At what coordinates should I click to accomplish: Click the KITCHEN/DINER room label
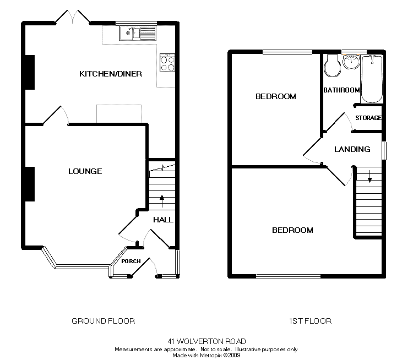[111, 74]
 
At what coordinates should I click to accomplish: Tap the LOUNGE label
[85, 171]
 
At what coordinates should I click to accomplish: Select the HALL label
[164, 220]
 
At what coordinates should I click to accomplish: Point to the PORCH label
[131, 261]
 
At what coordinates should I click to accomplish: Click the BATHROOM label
[341, 90]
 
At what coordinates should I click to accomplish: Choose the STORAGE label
[368, 118]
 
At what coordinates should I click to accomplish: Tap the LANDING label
[352, 149]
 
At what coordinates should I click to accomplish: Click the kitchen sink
[138, 33]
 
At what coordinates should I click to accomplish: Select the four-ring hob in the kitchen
[167, 63]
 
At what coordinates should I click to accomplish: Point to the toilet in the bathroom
[332, 66]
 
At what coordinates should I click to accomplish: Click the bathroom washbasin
[351, 62]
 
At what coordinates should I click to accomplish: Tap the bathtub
[372, 79]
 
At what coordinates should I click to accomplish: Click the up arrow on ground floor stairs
[162, 201]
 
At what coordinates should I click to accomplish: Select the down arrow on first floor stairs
[370, 176]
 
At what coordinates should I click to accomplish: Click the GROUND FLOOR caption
[104, 321]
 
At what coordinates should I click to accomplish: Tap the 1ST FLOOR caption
[310, 321]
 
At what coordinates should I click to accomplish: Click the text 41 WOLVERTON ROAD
[206, 341]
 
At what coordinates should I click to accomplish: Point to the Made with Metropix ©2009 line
[206, 355]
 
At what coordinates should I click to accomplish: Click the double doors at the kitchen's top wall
[73, 17]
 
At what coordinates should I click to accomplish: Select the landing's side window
[384, 151]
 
